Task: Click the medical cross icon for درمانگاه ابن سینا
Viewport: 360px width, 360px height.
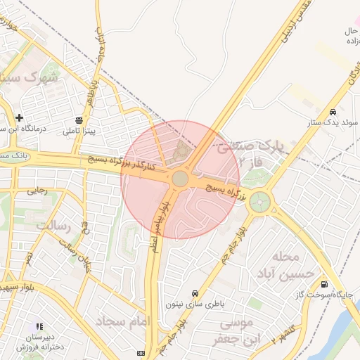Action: [x=19, y=117]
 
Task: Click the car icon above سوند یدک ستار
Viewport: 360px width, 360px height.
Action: [x=332, y=112]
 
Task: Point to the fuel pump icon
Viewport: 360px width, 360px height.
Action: [x=323, y=284]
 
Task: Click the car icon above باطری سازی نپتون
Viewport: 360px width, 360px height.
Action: [x=194, y=293]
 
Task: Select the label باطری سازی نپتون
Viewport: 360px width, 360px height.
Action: [x=194, y=304]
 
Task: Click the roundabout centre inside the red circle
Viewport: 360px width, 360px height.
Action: [x=180, y=179]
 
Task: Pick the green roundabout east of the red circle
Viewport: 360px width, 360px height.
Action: [x=260, y=202]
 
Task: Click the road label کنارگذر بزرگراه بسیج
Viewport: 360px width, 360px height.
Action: [x=127, y=165]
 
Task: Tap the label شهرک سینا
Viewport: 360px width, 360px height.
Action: [x=32, y=77]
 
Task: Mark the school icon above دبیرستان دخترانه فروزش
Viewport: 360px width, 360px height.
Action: [x=39, y=326]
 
